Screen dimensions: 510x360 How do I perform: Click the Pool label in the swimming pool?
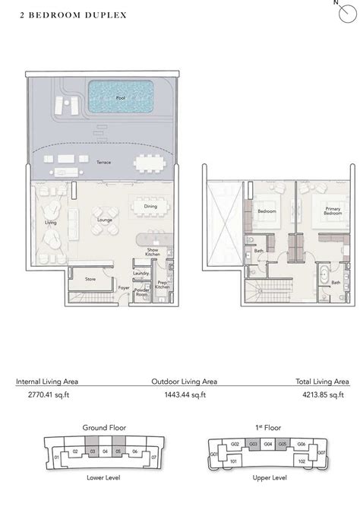121,98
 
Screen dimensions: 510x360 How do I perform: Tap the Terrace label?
103,163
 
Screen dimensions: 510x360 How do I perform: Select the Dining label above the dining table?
150,207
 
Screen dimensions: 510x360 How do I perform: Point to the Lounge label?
105,220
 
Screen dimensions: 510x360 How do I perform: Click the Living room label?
51,223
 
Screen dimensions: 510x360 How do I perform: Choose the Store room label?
90,279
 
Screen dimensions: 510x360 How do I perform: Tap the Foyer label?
123,288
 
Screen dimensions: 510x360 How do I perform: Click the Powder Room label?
141,291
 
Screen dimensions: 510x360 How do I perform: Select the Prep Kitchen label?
162,285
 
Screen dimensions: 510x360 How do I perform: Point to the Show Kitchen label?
153,252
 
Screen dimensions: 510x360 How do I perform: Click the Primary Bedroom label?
333,211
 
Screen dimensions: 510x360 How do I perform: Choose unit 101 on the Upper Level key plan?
234,461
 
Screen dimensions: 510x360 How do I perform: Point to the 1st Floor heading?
270,428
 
